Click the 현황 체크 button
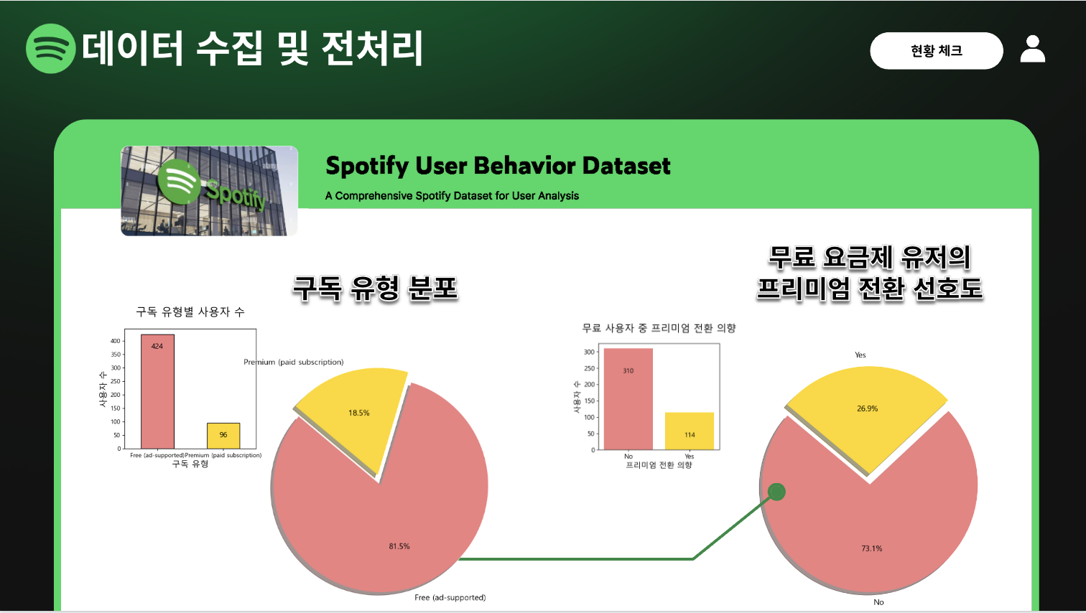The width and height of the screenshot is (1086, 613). tap(936, 51)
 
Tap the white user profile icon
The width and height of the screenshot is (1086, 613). tap(1033, 49)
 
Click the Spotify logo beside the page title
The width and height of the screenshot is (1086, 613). tap(50, 49)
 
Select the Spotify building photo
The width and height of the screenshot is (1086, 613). tap(209, 191)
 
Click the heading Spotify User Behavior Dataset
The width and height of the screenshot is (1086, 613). tap(498, 166)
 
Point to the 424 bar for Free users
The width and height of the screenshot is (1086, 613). tap(157, 391)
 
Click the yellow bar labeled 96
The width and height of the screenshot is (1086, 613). tap(223, 436)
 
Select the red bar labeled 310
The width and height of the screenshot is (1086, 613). tap(628, 399)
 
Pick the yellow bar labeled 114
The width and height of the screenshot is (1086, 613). tap(690, 431)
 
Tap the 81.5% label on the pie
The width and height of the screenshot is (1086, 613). tap(399, 546)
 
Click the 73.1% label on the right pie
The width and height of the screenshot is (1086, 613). tap(872, 548)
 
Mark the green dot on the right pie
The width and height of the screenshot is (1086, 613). tap(776, 492)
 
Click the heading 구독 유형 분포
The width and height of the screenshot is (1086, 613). tap(375, 289)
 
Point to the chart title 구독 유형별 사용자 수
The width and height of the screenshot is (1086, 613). tap(190, 312)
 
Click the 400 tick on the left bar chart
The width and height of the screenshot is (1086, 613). tap(115, 341)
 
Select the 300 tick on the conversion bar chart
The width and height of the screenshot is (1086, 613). tap(589, 352)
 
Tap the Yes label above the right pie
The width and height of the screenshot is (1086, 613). tap(860, 355)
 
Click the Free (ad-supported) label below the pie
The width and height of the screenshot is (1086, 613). tap(450, 597)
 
